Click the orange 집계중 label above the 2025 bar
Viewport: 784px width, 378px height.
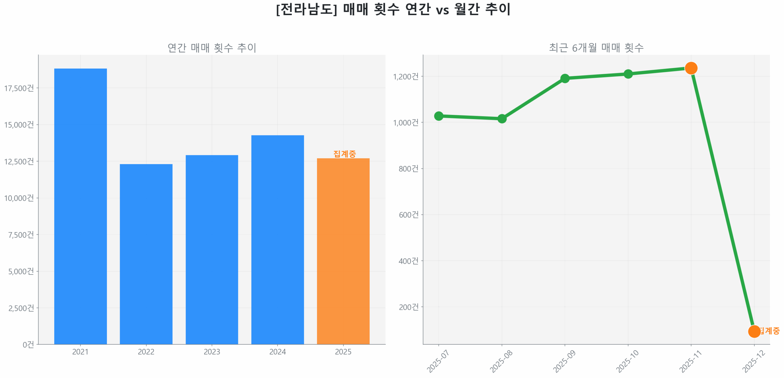pos(344,153)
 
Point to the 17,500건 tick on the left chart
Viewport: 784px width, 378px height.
pos(19,88)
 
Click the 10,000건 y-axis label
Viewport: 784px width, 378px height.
pos(19,198)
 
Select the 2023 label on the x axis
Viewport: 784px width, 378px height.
pos(212,351)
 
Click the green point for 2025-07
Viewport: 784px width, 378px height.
pos(438,116)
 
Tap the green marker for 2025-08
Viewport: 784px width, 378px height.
pos(501,118)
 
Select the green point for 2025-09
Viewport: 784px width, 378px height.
pos(564,78)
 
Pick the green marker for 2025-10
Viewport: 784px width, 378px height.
pos(628,74)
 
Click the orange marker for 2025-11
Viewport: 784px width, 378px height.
pos(691,68)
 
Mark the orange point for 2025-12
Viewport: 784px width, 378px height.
pos(754,331)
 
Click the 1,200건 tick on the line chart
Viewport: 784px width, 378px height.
pos(405,76)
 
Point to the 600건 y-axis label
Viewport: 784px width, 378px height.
pos(408,214)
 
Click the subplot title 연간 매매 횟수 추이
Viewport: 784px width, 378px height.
pos(212,48)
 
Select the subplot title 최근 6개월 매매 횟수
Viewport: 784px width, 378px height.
pos(596,48)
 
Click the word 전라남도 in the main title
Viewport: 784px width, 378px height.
pos(306,9)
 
